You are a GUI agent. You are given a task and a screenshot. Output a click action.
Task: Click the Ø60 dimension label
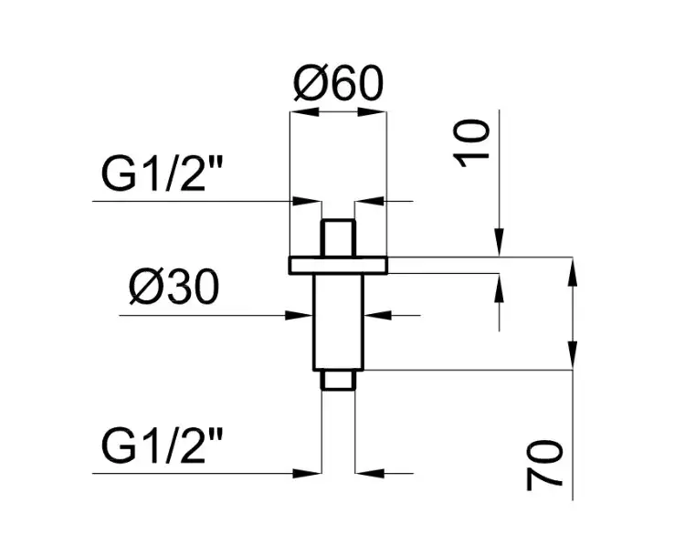click(339, 83)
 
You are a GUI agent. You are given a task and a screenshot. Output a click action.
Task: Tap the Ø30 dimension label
click(174, 287)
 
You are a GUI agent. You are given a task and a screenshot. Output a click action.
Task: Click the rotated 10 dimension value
click(472, 143)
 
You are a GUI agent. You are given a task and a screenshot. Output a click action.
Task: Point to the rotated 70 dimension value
click(544, 466)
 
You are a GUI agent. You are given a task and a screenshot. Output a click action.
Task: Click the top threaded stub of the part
click(338, 238)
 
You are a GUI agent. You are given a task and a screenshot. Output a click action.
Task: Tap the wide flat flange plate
click(338, 266)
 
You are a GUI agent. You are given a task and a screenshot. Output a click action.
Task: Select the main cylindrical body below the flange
click(338, 322)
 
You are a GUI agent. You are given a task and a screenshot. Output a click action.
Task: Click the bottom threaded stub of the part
click(338, 380)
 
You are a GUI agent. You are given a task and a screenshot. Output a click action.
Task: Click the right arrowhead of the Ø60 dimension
click(373, 112)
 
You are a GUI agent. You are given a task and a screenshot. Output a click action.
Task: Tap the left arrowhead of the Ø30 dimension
click(299, 315)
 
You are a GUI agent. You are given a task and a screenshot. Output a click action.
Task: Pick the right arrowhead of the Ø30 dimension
click(378, 315)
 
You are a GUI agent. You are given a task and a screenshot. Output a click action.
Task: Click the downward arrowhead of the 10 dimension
click(500, 242)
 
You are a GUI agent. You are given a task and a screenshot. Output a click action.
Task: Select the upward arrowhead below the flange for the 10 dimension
click(500, 288)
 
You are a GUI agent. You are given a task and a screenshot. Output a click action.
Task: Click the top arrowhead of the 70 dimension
click(573, 272)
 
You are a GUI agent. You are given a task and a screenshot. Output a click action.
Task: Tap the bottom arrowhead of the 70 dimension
click(573, 355)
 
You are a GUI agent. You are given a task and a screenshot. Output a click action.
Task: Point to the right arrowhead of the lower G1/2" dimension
click(370, 473)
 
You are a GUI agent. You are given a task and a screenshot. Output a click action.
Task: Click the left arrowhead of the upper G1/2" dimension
click(306, 202)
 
